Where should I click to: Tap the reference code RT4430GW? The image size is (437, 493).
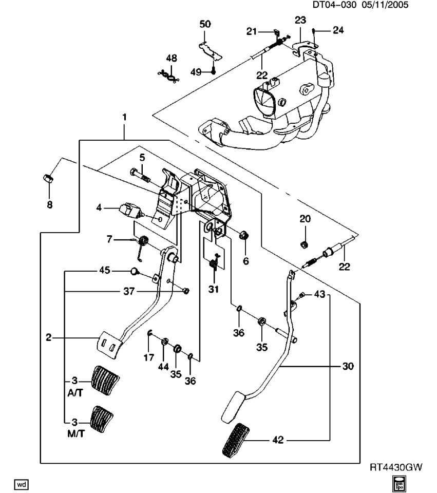[x=396, y=468]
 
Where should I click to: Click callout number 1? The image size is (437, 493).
[x=124, y=118]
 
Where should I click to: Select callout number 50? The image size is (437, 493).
[x=205, y=24]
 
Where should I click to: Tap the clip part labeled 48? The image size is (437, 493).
[x=169, y=76]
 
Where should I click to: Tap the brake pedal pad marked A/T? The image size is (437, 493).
[x=106, y=380]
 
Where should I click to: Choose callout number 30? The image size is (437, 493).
[x=349, y=366]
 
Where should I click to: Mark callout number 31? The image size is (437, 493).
[x=213, y=289]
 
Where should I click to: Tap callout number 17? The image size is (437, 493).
[x=148, y=357]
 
